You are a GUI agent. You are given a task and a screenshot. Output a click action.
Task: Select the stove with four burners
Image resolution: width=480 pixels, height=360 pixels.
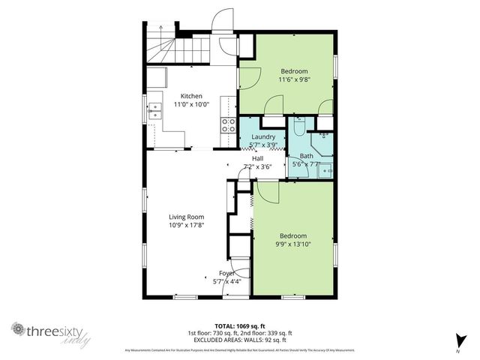(x=226, y=125)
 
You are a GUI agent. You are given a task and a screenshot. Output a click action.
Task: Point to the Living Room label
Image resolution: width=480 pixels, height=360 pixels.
(x=186, y=216)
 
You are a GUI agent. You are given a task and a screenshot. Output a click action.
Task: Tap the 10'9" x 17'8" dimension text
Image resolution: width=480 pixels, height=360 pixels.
(x=186, y=224)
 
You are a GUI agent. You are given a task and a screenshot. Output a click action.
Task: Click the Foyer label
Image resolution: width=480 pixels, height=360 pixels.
(x=226, y=273)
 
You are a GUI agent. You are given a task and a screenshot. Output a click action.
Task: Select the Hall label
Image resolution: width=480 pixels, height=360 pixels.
(x=257, y=158)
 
